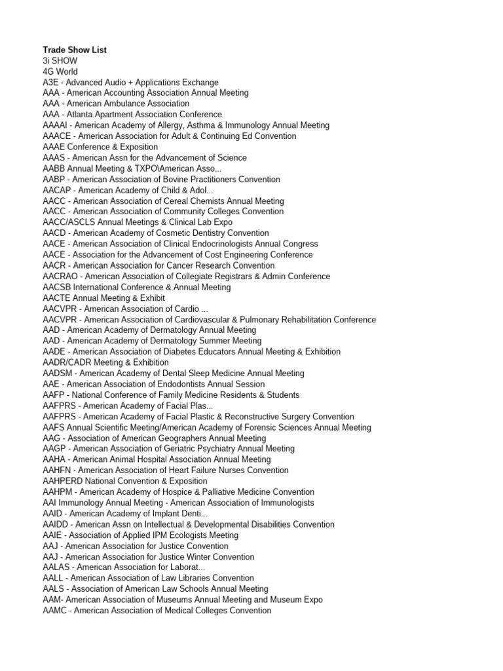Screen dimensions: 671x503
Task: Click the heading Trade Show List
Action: tap(75, 50)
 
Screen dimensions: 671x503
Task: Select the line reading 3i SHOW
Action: tap(60, 60)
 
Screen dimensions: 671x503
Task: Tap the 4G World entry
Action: tap(60, 71)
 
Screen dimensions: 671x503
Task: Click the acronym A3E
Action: tap(50, 83)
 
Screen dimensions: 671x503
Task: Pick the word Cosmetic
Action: tap(170, 233)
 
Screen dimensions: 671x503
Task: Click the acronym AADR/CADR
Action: tap(67, 362)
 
